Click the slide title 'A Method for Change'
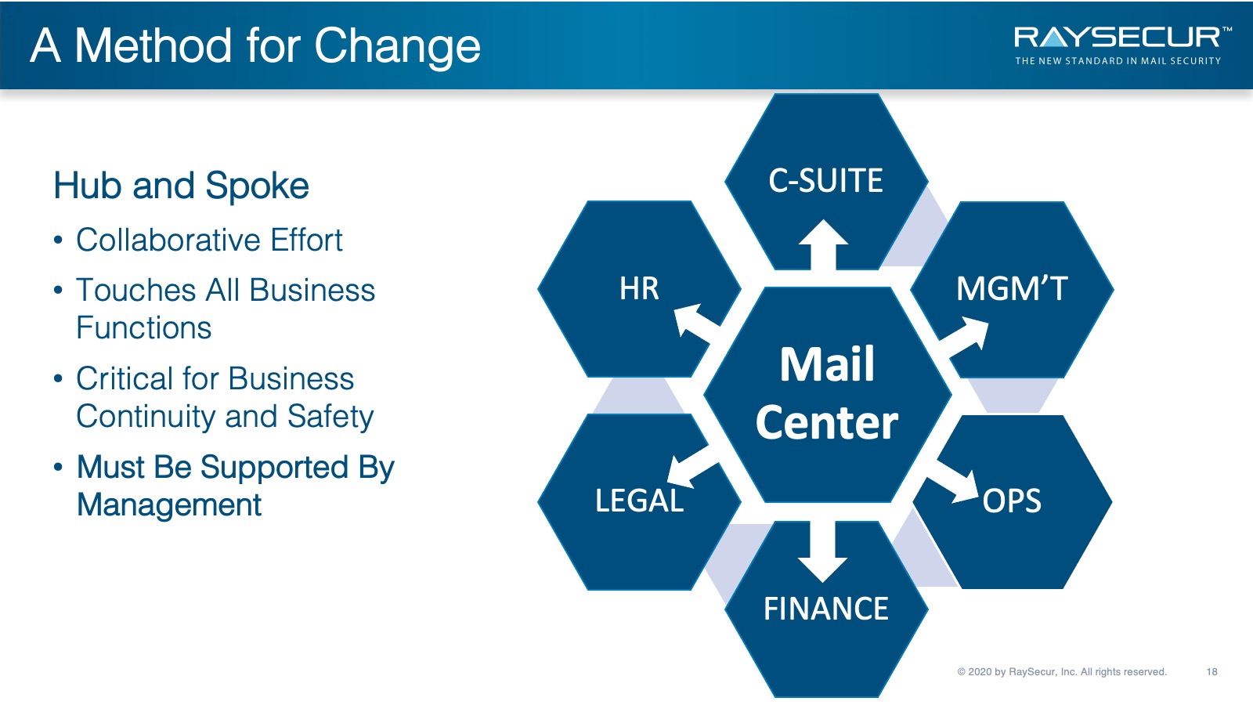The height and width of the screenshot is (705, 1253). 255,47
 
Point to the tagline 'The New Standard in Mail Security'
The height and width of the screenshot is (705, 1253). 1118,61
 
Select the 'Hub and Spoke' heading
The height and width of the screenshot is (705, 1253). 181,186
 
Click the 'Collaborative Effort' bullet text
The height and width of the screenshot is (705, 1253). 209,240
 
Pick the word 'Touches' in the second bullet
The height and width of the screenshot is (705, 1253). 136,291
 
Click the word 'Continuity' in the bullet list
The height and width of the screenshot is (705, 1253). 145,416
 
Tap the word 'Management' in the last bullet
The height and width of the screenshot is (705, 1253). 169,505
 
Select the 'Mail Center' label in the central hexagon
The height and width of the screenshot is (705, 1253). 827,393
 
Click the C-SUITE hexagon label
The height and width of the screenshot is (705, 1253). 825,181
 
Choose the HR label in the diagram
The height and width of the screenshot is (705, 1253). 639,289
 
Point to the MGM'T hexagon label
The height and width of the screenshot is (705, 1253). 1012,289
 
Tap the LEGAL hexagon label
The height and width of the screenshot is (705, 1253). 639,501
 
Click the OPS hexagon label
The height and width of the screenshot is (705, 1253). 1012,501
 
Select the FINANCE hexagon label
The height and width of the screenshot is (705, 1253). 826,609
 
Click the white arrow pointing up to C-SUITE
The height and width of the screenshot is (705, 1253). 823,245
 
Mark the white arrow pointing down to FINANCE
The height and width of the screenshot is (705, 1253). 823,551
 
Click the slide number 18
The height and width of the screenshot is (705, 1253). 1211,672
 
